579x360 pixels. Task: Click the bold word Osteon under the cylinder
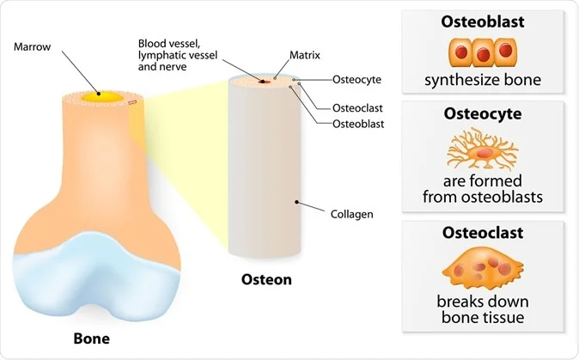coord(265,279)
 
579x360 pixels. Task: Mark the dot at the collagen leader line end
coord(297,203)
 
